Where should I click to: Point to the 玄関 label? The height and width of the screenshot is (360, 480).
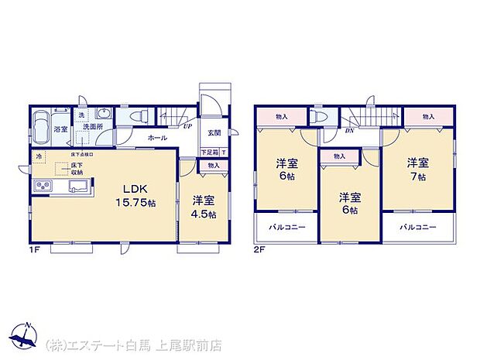[x=214, y=132]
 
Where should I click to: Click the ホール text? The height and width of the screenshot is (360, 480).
[x=157, y=138]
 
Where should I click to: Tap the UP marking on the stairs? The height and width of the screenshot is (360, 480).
[x=188, y=126]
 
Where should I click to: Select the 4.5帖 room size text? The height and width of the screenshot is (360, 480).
[x=204, y=214]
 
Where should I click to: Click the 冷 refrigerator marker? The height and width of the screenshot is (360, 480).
[x=38, y=157]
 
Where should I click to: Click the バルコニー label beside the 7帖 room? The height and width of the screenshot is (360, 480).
[x=418, y=227]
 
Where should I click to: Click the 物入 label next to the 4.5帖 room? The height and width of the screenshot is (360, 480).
[x=214, y=165]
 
